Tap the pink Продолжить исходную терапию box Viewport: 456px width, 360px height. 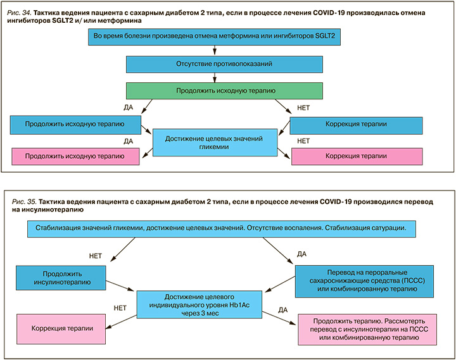75,156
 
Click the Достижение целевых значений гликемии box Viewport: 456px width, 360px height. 217,142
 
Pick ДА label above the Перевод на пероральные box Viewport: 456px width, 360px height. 301,254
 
